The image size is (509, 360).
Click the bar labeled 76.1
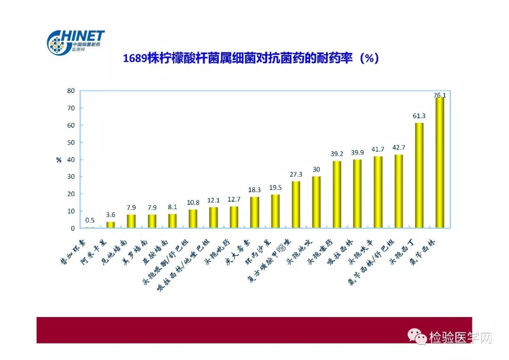pos(440,163)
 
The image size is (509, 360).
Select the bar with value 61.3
pos(419,176)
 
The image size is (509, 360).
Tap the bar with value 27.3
pos(296,205)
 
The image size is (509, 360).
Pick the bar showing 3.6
pos(110,225)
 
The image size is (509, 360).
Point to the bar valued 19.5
pos(275,212)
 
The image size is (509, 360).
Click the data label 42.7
pos(398,147)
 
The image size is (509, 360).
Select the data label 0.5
pos(90,221)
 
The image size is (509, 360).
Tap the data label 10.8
pos(193,203)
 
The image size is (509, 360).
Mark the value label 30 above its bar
pos(316,170)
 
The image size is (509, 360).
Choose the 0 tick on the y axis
pos(72,229)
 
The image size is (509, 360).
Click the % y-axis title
pos(59,160)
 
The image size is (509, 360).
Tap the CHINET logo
pos(75,42)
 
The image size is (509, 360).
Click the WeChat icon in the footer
pos(417,336)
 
